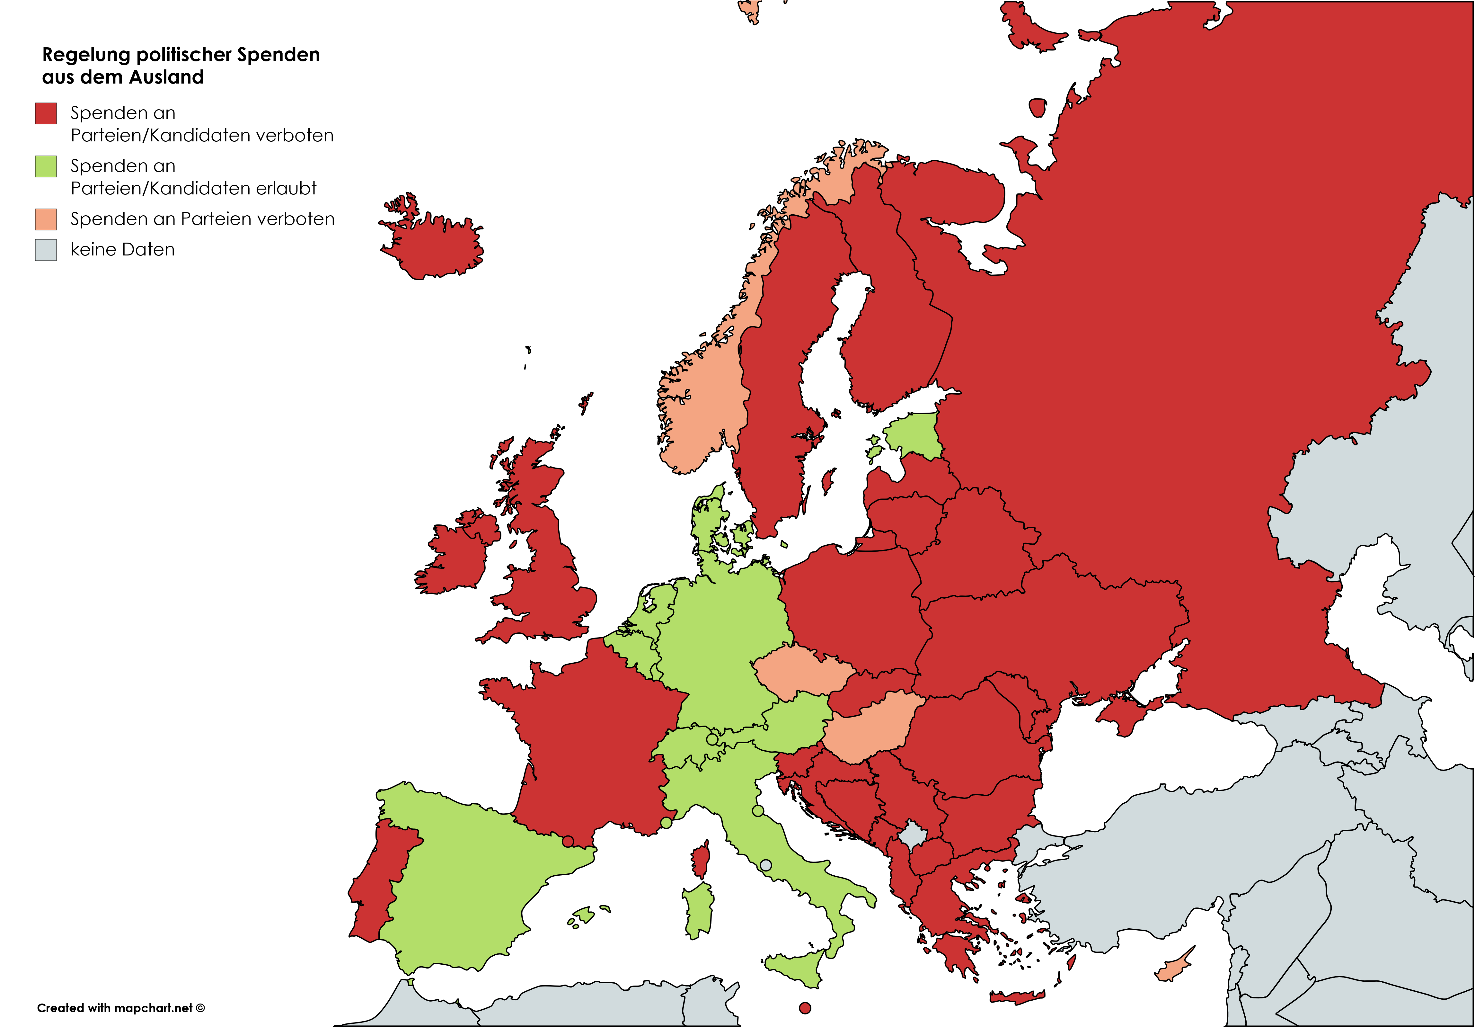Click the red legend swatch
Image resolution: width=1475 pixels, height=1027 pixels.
(x=46, y=113)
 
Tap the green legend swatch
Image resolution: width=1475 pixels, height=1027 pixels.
(x=46, y=166)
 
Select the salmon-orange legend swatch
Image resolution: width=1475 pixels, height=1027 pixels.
(x=46, y=219)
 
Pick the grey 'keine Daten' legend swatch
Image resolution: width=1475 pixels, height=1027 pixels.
(x=46, y=249)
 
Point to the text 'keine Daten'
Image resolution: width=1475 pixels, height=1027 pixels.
(x=122, y=249)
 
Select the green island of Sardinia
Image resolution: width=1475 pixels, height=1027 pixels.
(x=699, y=909)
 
